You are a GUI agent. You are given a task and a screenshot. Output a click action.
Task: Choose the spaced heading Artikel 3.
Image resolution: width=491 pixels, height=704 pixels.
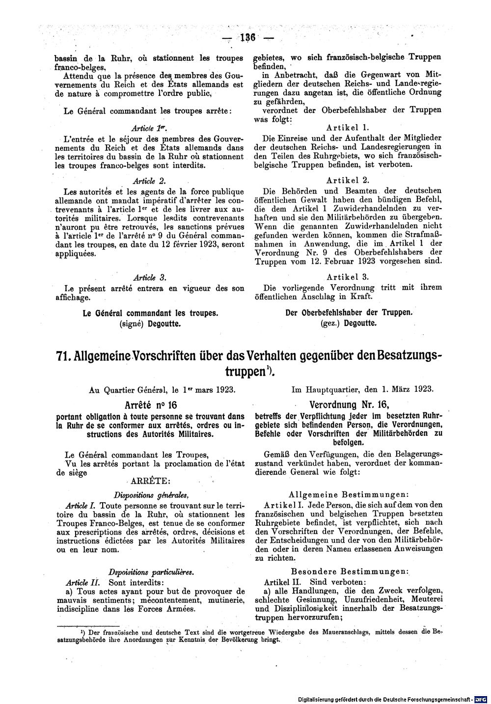tap(348, 277)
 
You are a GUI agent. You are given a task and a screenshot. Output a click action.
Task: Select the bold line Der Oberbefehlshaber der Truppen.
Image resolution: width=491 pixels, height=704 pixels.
tap(349, 312)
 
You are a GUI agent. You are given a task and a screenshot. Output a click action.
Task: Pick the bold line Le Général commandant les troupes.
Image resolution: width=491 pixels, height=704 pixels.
tap(150, 312)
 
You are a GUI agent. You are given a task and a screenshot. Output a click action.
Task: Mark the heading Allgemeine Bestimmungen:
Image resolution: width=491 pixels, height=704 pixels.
tap(348, 494)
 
